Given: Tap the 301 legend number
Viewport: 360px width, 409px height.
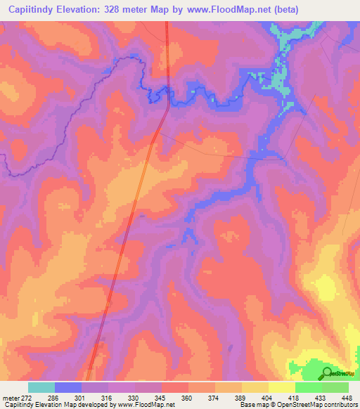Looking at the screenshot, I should pyautogui.click(x=82, y=397).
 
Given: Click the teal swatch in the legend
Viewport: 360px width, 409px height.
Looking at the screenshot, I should pyautogui.click(x=41, y=387).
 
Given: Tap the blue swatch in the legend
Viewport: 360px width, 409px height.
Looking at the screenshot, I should pyautogui.click(x=68, y=387).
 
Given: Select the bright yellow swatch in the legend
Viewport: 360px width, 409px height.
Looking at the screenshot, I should pyautogui.click(x=282, y=387).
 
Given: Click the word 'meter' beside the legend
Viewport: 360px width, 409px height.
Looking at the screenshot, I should pyautogui.click(x=9, y=397).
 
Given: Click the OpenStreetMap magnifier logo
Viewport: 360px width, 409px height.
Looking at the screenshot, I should pyautogui.click(x=328, y=372).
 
